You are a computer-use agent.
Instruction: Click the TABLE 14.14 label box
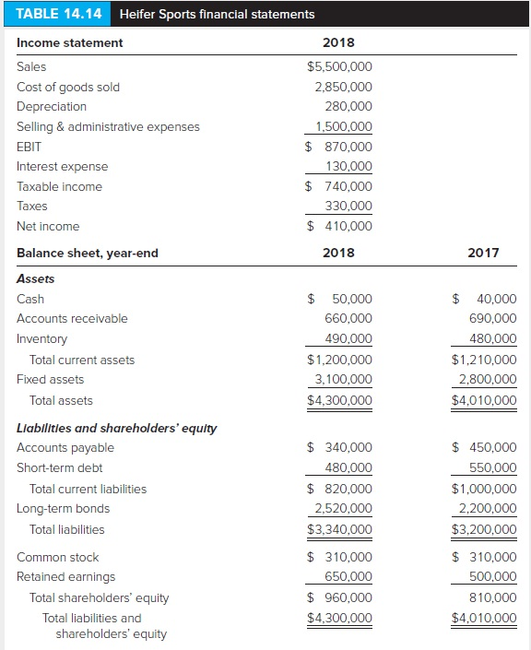coord(57,14)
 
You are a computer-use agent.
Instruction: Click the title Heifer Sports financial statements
coord(217,14)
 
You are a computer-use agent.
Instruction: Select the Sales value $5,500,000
coord(339,66)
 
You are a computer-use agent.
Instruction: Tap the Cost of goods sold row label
coord(68,87)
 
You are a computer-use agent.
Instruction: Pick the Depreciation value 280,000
coord(349,107)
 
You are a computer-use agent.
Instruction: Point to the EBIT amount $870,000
coord(339,147)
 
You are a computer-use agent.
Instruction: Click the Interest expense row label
coord(62,167)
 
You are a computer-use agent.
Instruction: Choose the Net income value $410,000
coord(339,226)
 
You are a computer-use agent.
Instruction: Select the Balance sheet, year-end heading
coord(88,253)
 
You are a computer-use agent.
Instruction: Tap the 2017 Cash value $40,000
coord(485,299)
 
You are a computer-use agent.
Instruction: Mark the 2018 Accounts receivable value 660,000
coord(349,318)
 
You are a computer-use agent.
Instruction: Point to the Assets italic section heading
coord(36,278)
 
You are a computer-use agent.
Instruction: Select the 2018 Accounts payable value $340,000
coord(339,448)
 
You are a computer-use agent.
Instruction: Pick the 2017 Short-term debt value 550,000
coord(494,467)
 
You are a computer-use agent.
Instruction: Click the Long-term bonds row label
coord(63,509)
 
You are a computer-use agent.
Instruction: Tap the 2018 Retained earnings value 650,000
coord(349,576)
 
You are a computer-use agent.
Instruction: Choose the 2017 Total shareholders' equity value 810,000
coord(494,597)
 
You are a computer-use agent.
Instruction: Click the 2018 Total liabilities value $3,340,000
coord(339,529)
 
